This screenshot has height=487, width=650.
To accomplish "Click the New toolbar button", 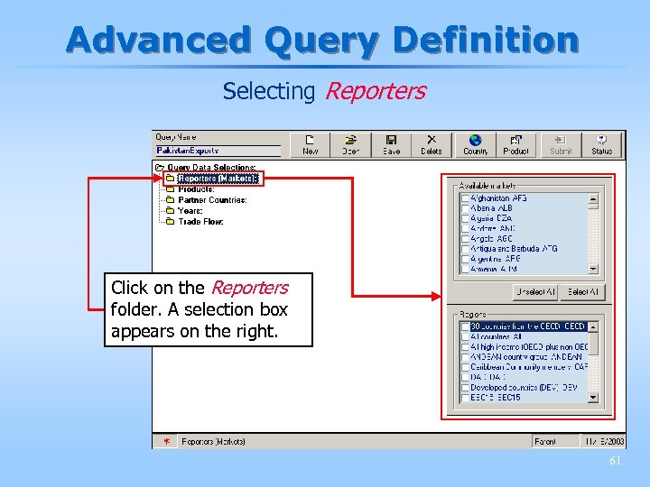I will pos(311,144).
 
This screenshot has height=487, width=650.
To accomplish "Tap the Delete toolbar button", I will pos(432,144).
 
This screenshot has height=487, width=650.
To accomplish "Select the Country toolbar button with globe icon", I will pos(475,144).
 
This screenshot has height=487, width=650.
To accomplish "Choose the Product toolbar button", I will pos(515,144).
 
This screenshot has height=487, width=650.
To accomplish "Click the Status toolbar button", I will pos(602,144).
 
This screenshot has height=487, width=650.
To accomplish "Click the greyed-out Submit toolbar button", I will pos(561,144).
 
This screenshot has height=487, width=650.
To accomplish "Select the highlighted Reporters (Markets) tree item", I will pos(218,179).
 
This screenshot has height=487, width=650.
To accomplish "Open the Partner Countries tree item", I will pos(212,200).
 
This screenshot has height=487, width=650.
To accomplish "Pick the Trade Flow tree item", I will pos(200,222).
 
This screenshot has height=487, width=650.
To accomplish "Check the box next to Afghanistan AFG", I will pos(465,198).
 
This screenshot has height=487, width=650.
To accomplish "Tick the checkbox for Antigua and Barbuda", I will pos(465,249).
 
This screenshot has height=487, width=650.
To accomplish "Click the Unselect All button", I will pos(535,292).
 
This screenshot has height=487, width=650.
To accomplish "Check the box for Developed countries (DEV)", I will pos(465,388).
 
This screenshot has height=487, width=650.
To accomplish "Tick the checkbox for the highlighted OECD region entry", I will pos(465,326).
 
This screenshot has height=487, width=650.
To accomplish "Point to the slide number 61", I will pos(616,461).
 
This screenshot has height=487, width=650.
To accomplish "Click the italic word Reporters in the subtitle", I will pos(374,91).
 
